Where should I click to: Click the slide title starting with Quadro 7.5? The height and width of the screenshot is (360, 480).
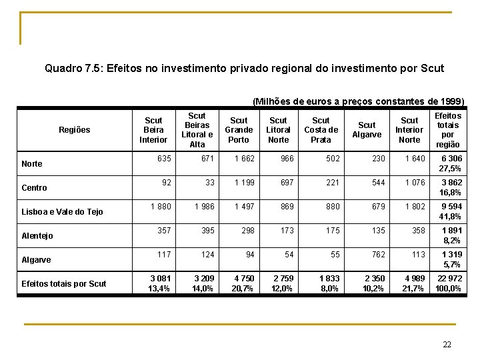pos(244,68)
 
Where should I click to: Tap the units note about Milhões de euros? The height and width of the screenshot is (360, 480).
pos(358,101)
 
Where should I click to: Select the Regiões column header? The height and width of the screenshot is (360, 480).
pos(74,130)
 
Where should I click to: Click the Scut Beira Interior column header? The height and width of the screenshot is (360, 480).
pos(153,130)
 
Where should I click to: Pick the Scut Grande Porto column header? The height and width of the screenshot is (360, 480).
pos(239,130)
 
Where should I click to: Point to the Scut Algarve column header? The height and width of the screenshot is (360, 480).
pos(367,130)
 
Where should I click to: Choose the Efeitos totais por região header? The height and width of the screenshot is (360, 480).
pos(447,130)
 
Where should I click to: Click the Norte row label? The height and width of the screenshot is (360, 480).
pos(32,164)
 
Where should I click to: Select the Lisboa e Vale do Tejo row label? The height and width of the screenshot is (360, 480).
pos(62,212)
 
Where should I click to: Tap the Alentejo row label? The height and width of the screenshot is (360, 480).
pos(37,236)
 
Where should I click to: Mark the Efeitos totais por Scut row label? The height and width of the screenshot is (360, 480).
pos(64,284)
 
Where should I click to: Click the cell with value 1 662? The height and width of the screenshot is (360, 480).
pos(245,159)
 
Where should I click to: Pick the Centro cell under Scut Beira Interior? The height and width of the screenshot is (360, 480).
pos(165,183)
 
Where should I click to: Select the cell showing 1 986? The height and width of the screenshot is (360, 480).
pos(205,207)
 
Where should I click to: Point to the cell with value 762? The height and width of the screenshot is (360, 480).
pos(379,255)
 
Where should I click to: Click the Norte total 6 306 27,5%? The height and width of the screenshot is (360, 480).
pos(450,164)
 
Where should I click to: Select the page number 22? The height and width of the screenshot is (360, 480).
pos(447,344)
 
